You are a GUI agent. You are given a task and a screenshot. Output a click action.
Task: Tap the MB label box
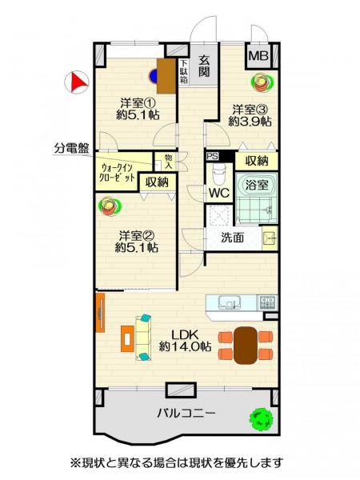tap(258, 56)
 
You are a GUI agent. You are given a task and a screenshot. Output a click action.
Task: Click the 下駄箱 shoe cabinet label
tap(183, 71)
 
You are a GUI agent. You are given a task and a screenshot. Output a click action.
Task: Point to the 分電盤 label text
tap(71, 147)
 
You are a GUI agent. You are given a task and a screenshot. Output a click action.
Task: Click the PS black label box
tap(213, 157)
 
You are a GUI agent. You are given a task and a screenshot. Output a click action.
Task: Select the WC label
tap(218, 193)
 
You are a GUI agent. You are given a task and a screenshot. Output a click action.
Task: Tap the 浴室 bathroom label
tap(258, 184)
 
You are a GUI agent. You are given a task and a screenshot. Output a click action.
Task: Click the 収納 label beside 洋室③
tap(257, 161)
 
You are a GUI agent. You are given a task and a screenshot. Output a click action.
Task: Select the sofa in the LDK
tap(143, 337)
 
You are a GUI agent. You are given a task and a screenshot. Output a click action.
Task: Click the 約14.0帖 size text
tap(185, 346)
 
